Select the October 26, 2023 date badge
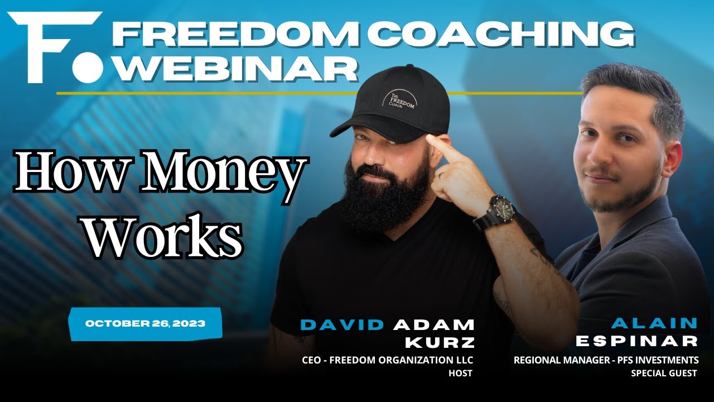click(x=145, y=323)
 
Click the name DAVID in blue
click(x=342, y=324)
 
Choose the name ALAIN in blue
click(x=654, y=323)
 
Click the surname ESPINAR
click(x=636, y=341)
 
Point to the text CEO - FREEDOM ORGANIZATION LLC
click(x=387, y=360)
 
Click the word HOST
click(x=460, y=373)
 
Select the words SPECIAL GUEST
click(x=664, y=373)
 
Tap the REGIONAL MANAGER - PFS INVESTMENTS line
click(x=606, y=360)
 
